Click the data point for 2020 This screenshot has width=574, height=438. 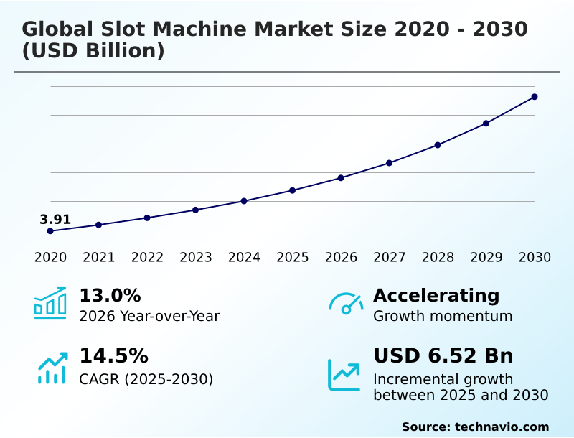(x=50, y=231)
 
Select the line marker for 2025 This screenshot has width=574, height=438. (x=293, y=190)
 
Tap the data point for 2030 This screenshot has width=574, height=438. (x=535, y=97)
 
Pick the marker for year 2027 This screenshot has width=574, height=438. (x=390, y=163)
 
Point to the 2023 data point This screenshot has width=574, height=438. (x=196, y=210)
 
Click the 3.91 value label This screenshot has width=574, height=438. (x=55, y=220)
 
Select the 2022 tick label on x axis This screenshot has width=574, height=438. (x=147, y=258)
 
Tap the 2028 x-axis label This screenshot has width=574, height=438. (x=438, y=258)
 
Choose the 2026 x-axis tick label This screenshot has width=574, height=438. (x=341, y=258)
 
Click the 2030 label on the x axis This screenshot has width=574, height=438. (x=535, y=258)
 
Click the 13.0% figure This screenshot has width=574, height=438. (x=110, y=296)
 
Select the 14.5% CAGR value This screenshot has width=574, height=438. (x=113, y=356)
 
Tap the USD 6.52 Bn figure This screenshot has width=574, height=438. (x=443, y=356)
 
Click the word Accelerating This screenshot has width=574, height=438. (x=436, y=296)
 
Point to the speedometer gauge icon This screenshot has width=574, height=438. (x=346, y=304)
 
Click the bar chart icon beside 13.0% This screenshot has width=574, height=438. (x=50, y=303)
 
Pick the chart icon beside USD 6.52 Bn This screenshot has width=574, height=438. (x=344, y=375)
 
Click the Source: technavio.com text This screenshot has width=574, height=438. (x=475, y=427)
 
